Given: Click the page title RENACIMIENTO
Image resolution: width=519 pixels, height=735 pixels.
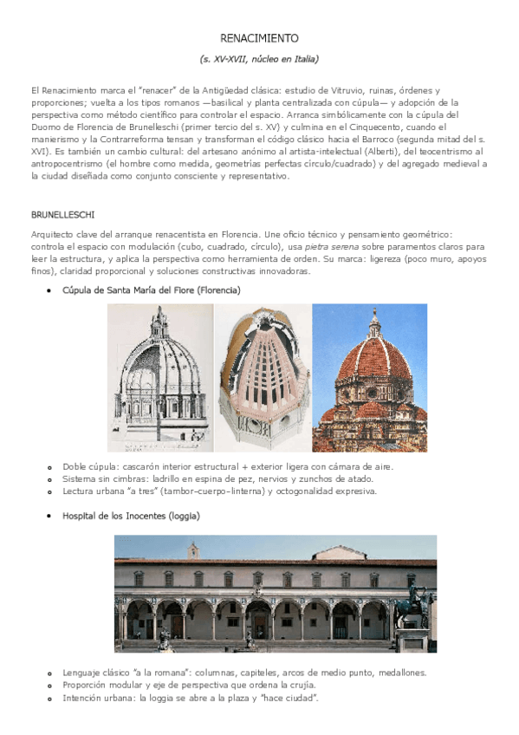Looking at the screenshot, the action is [259, 38].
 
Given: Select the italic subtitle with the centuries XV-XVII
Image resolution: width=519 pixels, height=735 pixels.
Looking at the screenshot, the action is [259, 59].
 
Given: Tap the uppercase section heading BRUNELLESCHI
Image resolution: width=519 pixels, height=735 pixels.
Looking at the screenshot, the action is [62, 214].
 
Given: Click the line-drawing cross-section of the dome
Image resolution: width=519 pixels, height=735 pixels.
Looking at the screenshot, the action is [159, 378].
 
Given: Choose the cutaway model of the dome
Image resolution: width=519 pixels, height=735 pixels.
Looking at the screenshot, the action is [263, 378].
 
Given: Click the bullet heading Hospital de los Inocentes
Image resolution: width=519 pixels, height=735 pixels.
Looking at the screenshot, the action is [131, 516].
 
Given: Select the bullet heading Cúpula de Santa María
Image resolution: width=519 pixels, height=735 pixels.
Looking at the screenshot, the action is [151, 289].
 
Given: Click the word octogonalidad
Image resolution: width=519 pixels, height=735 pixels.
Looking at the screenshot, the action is [298, 491].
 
